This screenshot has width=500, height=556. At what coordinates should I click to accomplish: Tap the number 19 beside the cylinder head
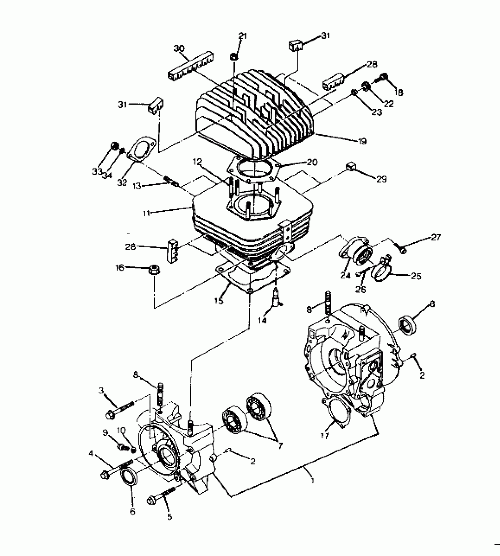362,141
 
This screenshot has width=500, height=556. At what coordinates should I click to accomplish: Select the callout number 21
243,36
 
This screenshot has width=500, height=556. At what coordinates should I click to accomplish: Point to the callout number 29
381,179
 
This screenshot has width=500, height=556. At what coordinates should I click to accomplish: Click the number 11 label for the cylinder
146,213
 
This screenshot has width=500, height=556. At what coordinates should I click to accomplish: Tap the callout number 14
262,320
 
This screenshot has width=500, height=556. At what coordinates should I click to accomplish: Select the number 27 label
436,237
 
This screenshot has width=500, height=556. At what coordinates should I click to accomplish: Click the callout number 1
312,481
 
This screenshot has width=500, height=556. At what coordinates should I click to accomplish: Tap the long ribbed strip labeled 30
191,66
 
